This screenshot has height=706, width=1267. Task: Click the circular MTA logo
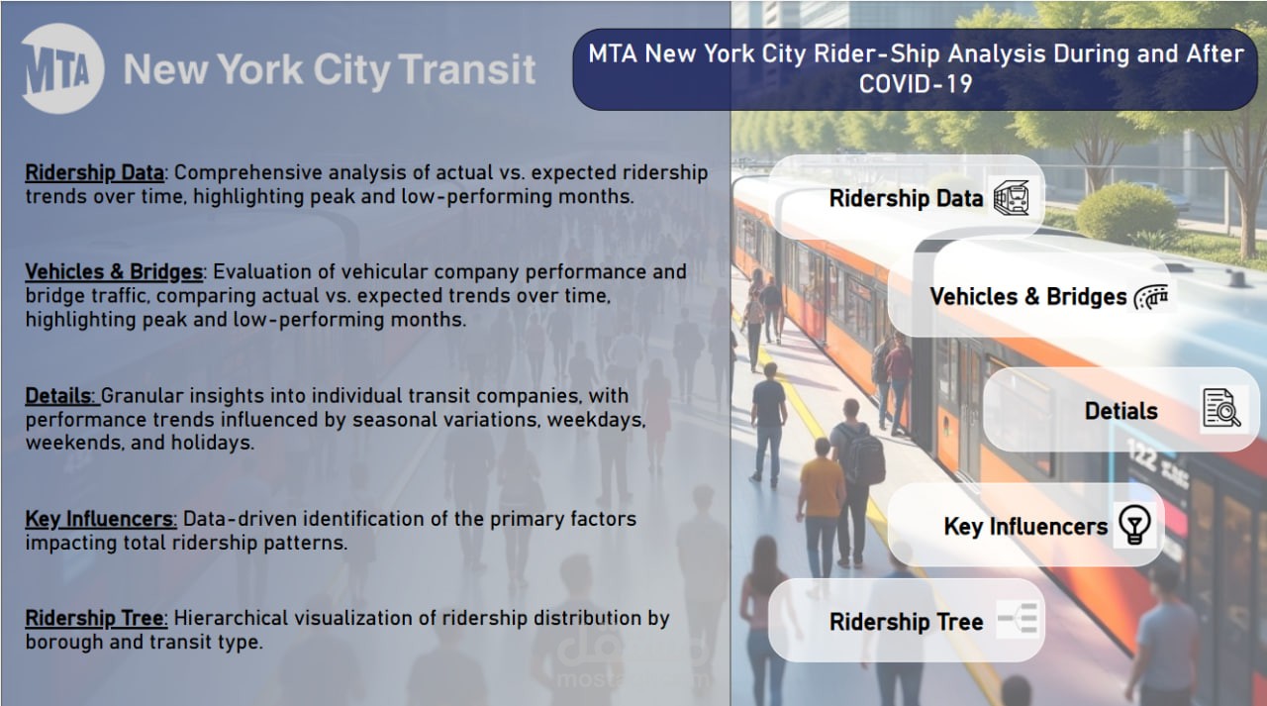[62, 68]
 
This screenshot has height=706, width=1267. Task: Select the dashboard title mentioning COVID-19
[915, 68]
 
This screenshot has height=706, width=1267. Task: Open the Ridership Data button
[906, 198]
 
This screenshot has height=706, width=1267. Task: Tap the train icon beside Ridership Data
[1012, 198]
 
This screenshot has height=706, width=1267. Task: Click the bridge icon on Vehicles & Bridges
[1151, 296]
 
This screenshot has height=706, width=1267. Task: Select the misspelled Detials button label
[1121, 410]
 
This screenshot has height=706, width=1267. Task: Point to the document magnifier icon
[1221, 409]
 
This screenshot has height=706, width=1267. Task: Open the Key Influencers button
[1024, 526]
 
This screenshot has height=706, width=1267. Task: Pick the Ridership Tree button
[906, 622]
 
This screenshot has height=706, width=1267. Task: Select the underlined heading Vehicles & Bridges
[114, 271]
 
